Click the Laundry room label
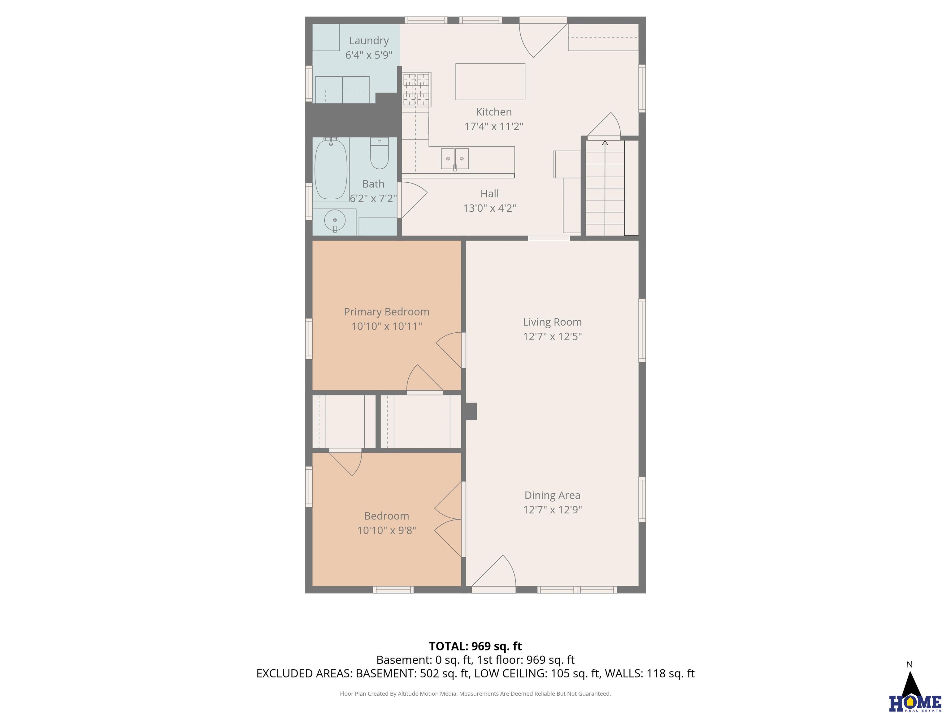coord(369,41)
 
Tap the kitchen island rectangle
coord(490,82)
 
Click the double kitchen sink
coord(455,158)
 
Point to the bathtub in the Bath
coord(331,169)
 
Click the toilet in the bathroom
coord(379,153)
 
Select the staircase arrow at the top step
coord(605,143)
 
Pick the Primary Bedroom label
coord(387,312)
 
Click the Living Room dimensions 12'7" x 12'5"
coord(553,336)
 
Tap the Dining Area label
coord(553,495)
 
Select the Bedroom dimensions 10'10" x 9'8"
coord(387,530)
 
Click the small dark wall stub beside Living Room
coord(471,411)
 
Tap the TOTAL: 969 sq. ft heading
coord(475,646)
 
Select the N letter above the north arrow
coord(910,665)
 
